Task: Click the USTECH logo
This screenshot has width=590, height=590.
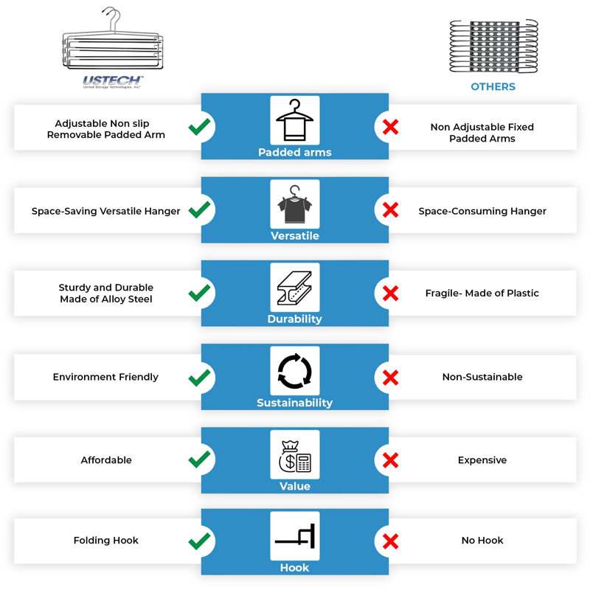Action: pos(113,82)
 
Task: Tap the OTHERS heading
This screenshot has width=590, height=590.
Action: pos(493,86)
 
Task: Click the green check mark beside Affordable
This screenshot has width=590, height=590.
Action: pos(199,459)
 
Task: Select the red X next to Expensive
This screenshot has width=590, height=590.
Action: pos(391,460)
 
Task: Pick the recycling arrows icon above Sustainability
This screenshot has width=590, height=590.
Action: pos(294,371)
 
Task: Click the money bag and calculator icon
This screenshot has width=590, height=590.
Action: pos(294,456)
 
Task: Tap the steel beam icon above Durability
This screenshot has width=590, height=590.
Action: pos(294,288)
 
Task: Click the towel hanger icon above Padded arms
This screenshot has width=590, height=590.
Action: pos(294,119)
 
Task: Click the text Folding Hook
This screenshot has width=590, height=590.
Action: pos(106,541)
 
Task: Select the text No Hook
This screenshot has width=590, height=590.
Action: pos(482,541)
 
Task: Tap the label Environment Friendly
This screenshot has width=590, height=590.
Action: pos(105,377)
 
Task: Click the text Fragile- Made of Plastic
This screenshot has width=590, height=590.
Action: pos(482,293)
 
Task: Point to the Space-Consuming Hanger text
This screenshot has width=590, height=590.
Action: pos(482,211)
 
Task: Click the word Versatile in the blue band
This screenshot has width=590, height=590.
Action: pos(294,236)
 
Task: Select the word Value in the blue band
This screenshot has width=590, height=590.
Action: pos(294,486)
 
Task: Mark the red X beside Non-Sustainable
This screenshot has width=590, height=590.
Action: pos(391,378)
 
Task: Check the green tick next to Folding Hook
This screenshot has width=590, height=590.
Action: pos(199,541)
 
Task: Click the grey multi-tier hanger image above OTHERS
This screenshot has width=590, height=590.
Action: pos(493,46)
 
